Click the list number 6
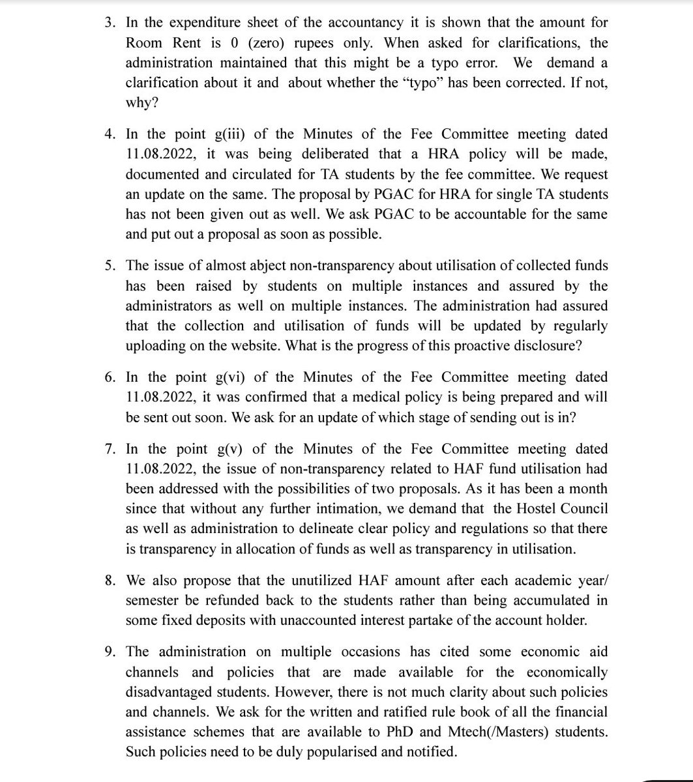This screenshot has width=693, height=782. [109, 378]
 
